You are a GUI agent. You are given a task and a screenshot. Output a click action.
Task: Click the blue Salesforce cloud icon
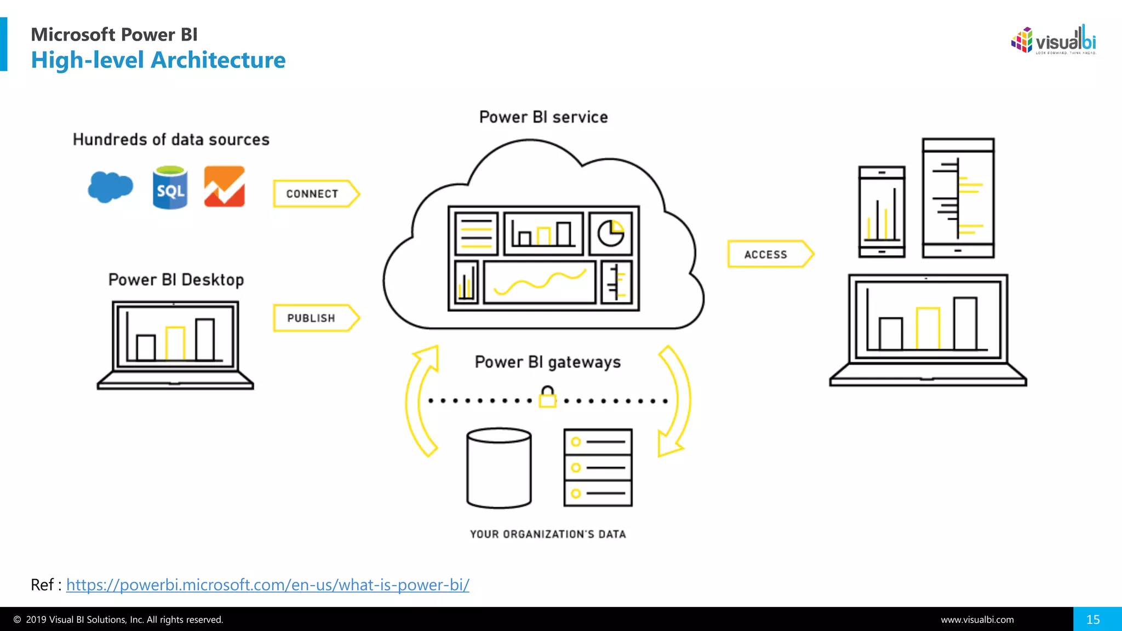pyautogui.click(x=110, y=187)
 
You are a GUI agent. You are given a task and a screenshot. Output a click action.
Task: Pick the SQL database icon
pyautogui.click(x=170, y=188)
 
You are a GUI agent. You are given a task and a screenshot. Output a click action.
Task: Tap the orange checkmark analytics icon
pyautogui.click(x=224, y=187)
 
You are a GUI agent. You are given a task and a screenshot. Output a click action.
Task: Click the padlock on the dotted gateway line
pyautogui.click(x=547, y=397)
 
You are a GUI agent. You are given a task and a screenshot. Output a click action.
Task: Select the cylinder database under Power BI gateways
pyautogui.click(x=499, y=468)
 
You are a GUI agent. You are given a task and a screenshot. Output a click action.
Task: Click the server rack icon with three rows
pyautogui.click(x=598, y=468)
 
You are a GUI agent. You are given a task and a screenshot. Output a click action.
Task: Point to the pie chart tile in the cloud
pyautogui.click(x=610, y=234)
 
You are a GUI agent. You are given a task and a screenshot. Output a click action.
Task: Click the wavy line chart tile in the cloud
pyautogui.click(x=540, y=282)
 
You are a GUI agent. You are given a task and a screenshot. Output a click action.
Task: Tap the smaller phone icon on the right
pyautogui.click(x=881, y=212)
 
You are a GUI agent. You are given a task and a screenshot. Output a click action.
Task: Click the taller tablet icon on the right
pyautogui.click(x=958, y=198)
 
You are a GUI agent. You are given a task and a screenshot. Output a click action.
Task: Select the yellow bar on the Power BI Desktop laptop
pyautogui.click(x=175, y=343)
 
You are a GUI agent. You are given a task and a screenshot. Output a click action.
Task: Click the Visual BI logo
pyautogui.click(x=1053, y=40)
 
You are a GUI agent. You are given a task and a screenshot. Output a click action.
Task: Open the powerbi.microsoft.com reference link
pyautogui.click(x=267, y=585)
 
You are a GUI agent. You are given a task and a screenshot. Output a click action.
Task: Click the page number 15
pyautogui.click(x=1093, y=619)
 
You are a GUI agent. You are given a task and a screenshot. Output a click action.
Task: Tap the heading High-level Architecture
pyautogui.click(x=158, y=60)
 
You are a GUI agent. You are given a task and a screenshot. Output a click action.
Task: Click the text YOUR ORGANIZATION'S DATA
pyautogui.click(x=548, y=534)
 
